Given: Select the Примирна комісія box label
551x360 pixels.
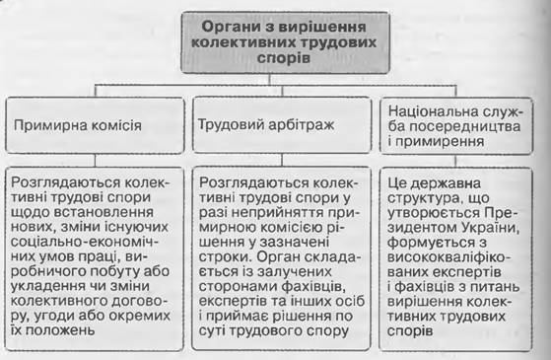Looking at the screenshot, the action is [77, 125].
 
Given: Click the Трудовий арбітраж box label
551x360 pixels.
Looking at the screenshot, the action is [266, 125].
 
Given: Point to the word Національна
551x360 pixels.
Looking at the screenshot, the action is [434, 111].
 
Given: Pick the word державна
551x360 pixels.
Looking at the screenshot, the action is [446, 183].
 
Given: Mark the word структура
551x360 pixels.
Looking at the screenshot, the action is [424, 198].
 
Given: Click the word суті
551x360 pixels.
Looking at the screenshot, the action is [213, 330].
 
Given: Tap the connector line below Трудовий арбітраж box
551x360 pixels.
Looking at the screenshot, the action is [282, 160].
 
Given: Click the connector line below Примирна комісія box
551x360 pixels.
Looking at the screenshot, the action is [95, 161].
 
